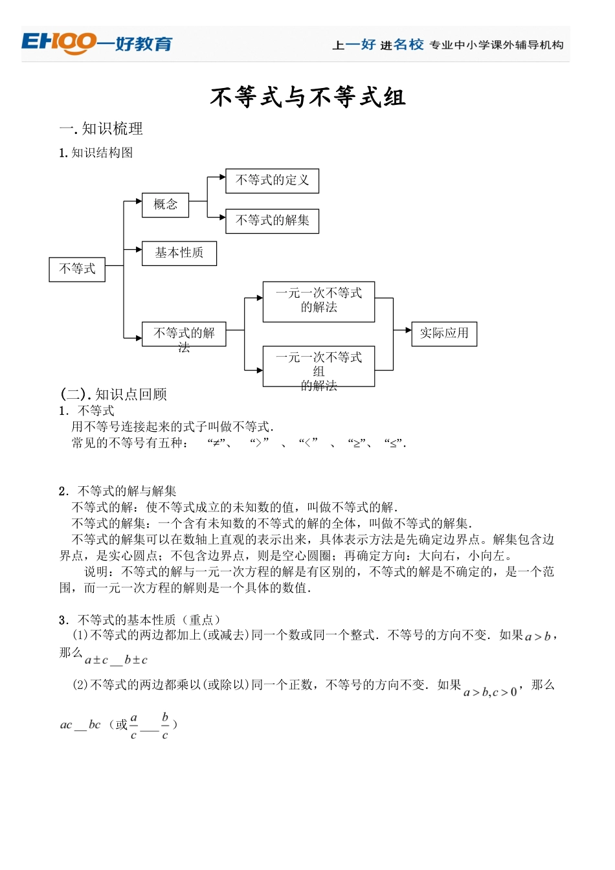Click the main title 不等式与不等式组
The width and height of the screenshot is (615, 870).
point(307,98)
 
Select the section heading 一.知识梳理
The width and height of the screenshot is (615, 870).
point(101,129)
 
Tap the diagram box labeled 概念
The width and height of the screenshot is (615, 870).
point(165,205)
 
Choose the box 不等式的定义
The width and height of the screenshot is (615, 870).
point(272,181)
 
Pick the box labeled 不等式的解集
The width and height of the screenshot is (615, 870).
point(272,221)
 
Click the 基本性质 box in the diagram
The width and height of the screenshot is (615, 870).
point(179,253)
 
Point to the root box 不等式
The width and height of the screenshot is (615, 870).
point(77,269)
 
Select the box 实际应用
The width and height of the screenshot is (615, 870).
point(443,333)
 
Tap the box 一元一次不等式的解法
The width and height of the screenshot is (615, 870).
point(319,301)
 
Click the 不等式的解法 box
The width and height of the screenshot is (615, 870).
point(184,334)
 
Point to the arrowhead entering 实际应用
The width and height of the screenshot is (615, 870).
point(408,330)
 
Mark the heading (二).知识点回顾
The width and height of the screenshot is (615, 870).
point(114,394)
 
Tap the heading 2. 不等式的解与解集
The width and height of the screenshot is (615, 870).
point(118,491)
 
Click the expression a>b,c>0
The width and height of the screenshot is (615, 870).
point(490,693)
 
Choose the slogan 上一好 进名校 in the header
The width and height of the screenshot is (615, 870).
point(378,45)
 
